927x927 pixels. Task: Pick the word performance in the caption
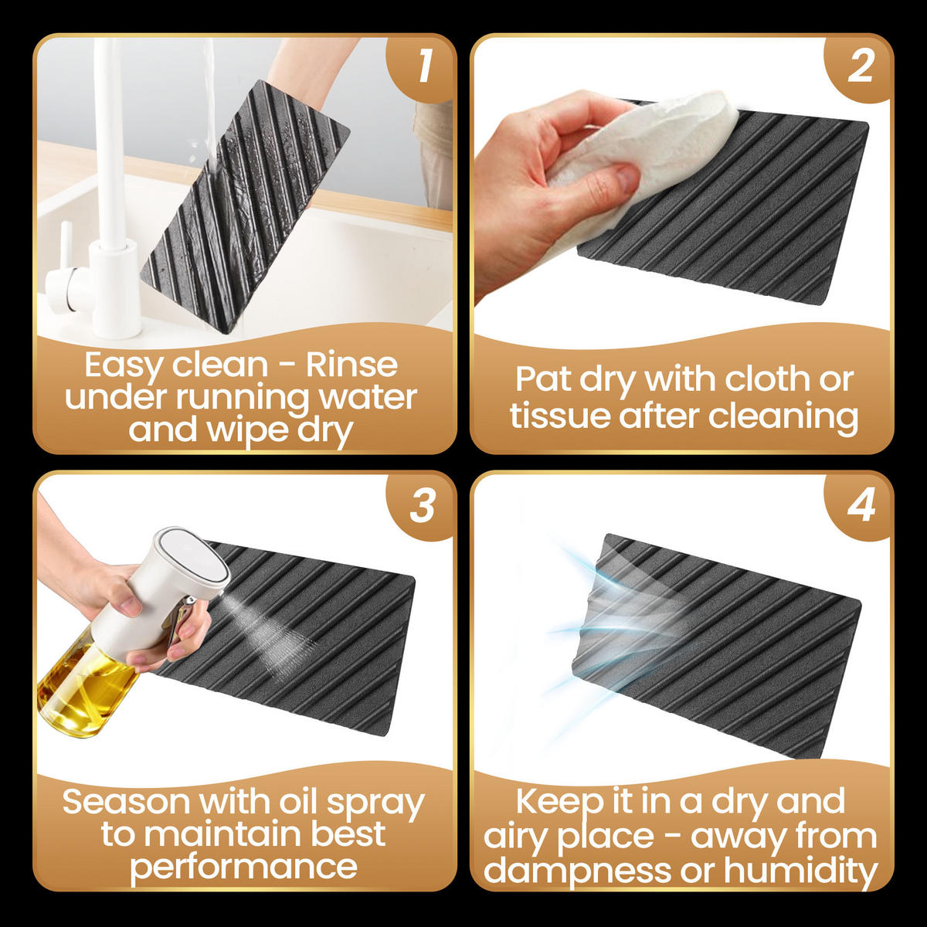243,869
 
